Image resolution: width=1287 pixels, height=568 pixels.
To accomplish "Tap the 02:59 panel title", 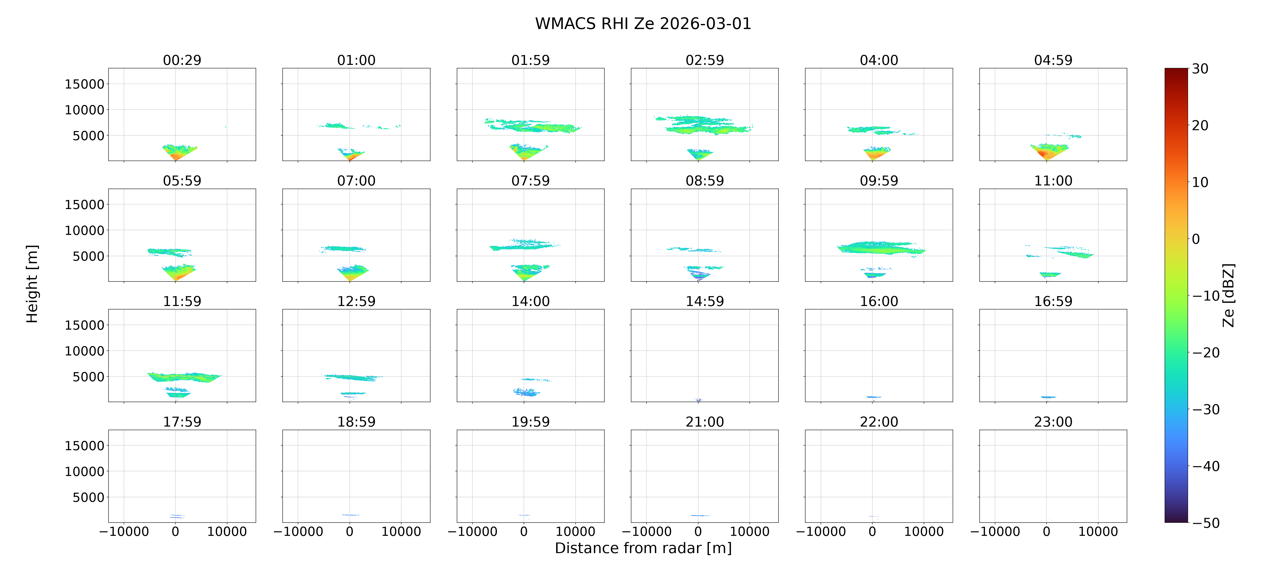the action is tap(705, 60).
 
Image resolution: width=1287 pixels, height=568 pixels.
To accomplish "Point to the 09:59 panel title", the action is tap(879, 180).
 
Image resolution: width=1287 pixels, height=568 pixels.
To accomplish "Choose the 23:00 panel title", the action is tap(1053, 422).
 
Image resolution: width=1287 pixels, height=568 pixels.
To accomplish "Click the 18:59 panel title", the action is tap(356, 422).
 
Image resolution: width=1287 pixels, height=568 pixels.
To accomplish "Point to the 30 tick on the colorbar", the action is tap(1200, 68).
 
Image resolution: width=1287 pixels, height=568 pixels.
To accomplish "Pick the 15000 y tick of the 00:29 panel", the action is tap(85, 84).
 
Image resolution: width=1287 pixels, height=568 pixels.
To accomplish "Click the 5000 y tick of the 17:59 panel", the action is tap(88, 497).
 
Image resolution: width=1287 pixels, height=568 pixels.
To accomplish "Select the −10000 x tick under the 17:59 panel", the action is tap(124, 531).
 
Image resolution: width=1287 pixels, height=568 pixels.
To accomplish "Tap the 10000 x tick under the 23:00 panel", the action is tap(1098, 531).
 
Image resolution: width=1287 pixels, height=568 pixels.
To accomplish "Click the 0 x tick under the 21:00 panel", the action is tap(698, 531).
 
